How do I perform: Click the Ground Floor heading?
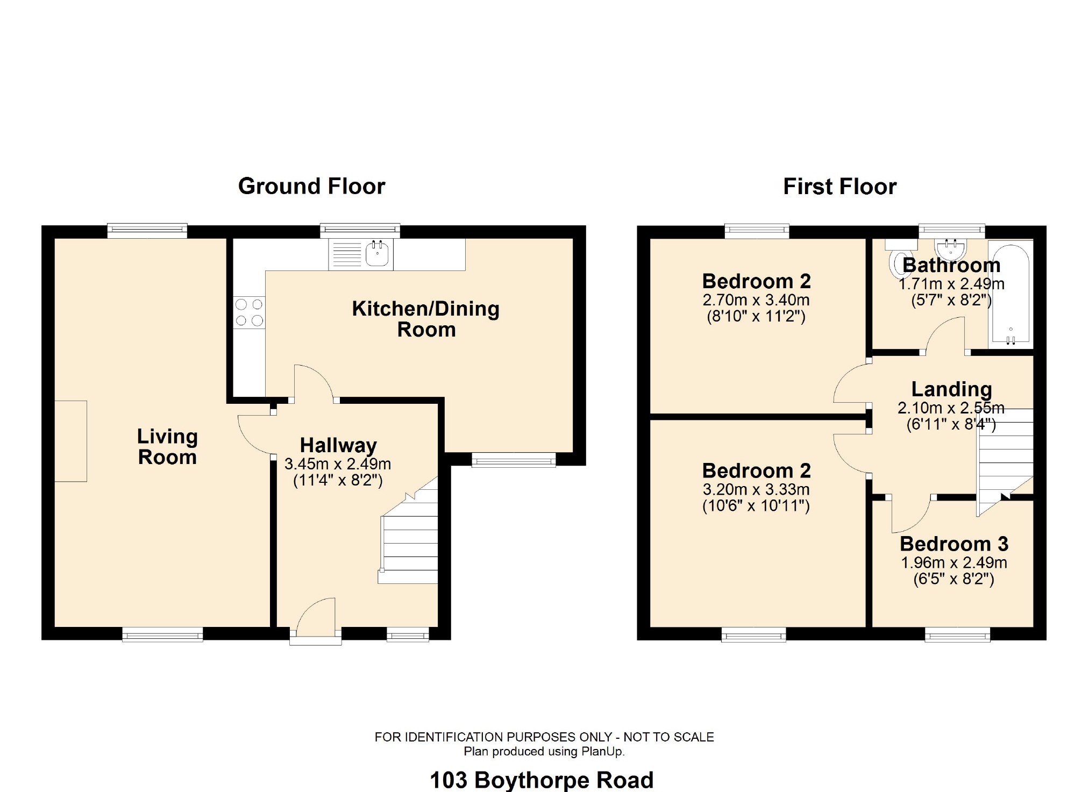[311, 187]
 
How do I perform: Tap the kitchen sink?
[377, 254]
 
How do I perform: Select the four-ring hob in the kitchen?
[249, 312]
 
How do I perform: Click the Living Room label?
[167, 446]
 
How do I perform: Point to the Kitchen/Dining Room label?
[425, 319]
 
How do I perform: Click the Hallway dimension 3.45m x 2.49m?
[337, 464]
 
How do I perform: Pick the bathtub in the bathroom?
[1010, 293]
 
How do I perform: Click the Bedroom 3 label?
[953, 544]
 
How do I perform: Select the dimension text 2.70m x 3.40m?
[756, 300]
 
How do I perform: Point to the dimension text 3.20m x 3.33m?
[756, 489]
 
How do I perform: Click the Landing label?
[951, 389]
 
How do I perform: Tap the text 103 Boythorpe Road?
[542, 780]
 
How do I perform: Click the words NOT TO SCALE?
[668, 737]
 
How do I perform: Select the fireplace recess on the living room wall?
[70, 441]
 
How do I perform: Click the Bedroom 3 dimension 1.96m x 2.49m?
[953, 563]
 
